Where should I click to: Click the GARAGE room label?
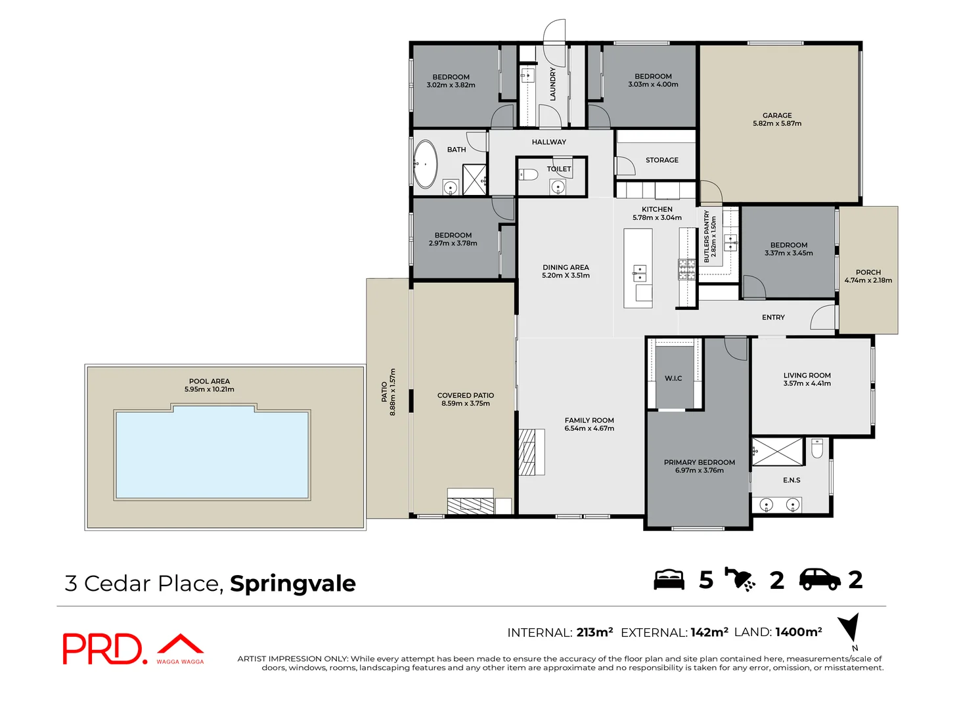point(777,116)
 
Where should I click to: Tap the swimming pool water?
point(212,454)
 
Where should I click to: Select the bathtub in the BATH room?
point(426,164)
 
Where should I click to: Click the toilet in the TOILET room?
point(528,175)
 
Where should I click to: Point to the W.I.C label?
point(673,379)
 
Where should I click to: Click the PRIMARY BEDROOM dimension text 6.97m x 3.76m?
point(699,471)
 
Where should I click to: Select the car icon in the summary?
point(819,579)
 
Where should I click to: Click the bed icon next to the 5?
point(669,580)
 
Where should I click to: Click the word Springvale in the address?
point(292,584)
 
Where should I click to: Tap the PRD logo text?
point(102,649)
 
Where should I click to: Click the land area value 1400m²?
point(798,632)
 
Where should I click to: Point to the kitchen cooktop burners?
point(687,269)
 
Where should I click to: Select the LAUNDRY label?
point(552,83)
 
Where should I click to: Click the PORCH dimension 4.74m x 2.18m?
point(868,280)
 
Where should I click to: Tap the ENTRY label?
point(773,318)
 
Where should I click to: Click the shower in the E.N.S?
point(778,452)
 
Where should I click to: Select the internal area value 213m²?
point(594,632)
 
